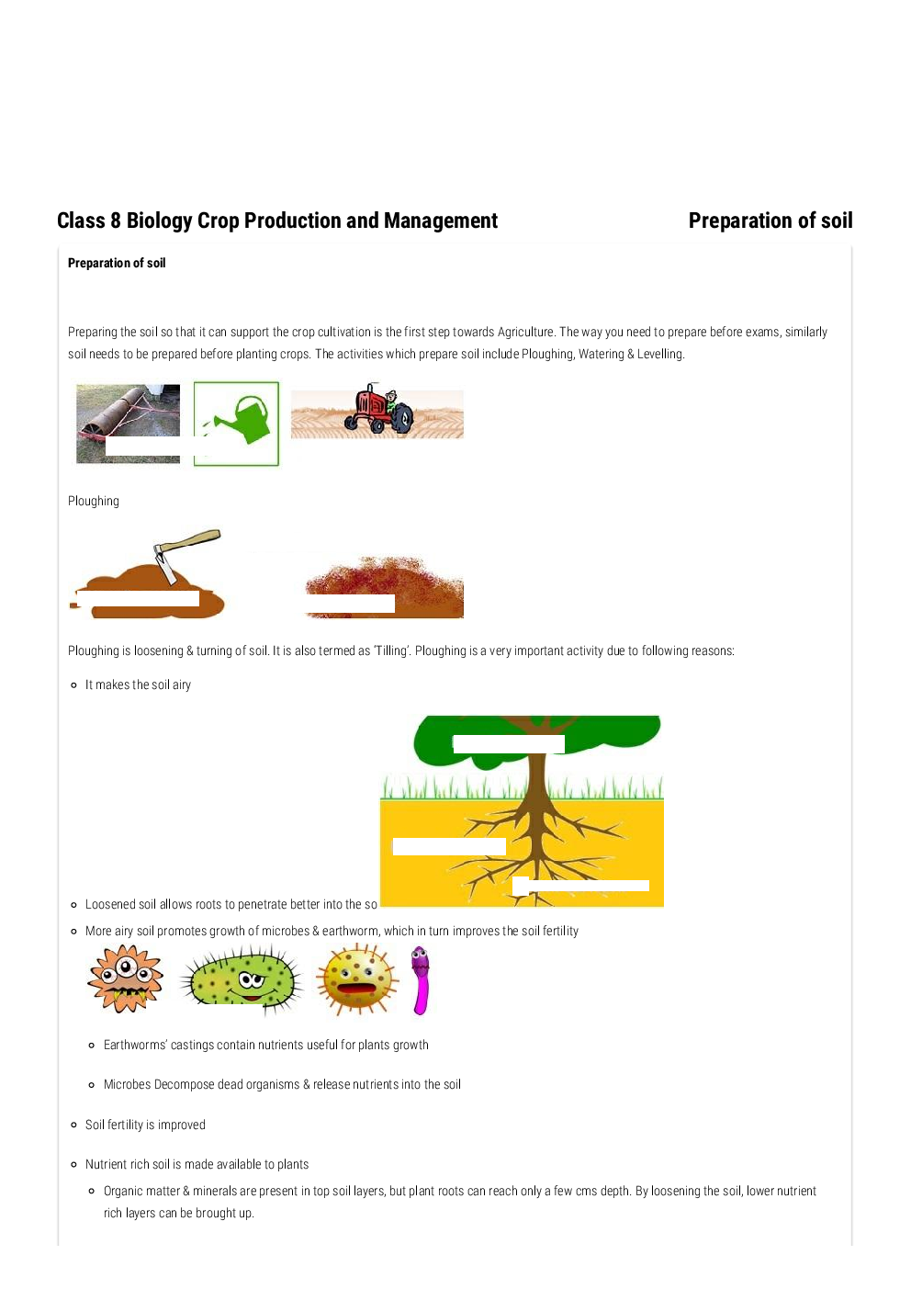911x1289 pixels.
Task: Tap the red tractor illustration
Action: (378, 411)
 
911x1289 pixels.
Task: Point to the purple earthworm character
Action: (420, 980)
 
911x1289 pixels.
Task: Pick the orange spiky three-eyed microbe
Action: (126, 978)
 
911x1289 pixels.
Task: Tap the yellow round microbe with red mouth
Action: (357, 980)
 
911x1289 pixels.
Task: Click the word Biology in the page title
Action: (159, 220)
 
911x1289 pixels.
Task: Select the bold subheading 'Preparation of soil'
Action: (117, 263)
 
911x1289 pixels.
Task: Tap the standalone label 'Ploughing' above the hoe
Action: (94, 501)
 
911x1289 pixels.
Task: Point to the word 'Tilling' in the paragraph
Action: (392, 650)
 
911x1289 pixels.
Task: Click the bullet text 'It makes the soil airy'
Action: (138, 684)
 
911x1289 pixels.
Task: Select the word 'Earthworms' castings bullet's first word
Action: (135, 1045)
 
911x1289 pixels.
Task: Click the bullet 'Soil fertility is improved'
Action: (145, 1125)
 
